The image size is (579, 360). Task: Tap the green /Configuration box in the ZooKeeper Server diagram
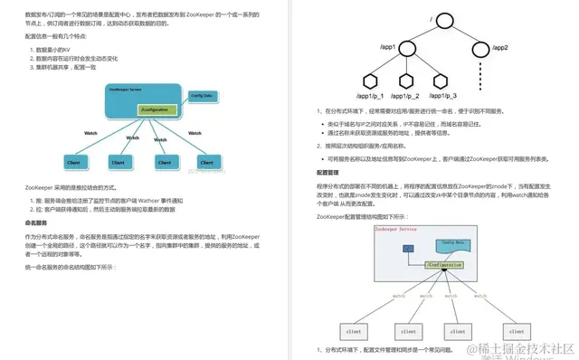pos(155,109)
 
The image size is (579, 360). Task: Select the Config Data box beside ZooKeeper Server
pos(204,94)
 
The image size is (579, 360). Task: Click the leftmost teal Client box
pos(75,163)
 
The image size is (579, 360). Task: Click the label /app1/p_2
pos(404,95)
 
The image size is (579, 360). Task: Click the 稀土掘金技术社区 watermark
pos(523,347)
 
